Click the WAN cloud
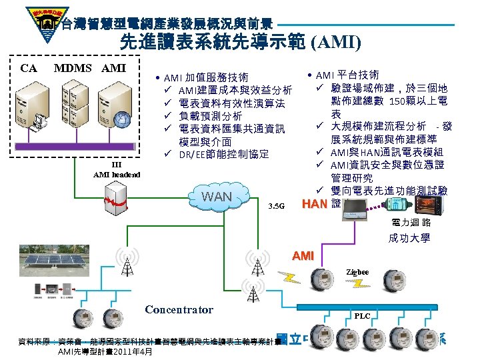(216, 197)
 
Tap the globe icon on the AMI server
(121, 119)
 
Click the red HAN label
(315, 204)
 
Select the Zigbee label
(359, 272)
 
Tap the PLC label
(363, 316)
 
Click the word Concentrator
(179, 310)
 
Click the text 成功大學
(409, 237)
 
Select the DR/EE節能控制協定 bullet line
(223, 155)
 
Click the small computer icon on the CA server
(41, 121)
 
